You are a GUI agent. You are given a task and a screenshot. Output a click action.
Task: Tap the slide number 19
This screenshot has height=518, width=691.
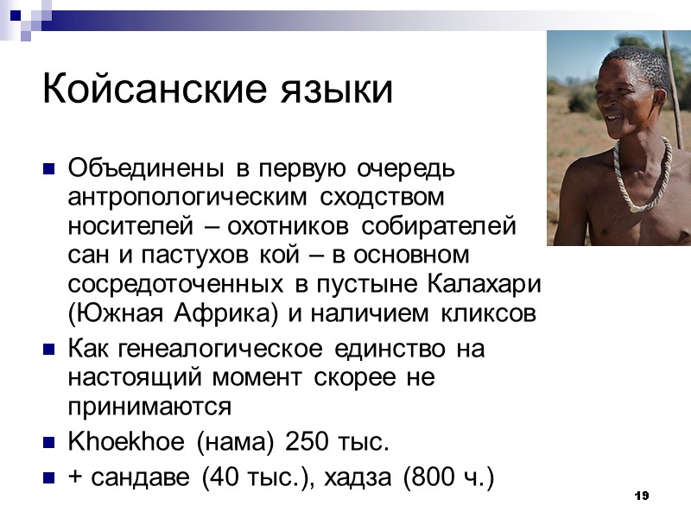640,496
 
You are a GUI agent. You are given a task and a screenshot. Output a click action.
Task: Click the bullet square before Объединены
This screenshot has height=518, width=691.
49,167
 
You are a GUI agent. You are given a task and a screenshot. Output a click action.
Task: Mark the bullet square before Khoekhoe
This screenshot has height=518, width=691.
49,444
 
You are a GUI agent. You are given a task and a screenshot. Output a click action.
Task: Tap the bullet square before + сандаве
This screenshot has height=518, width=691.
49,477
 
